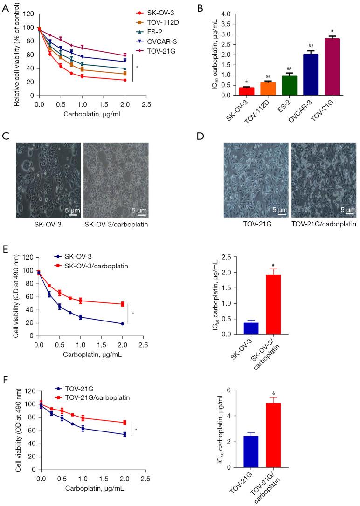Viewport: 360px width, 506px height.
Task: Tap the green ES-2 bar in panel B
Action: tap(277, 86)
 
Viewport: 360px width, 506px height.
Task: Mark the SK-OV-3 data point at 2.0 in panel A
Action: tap(124, 80)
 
